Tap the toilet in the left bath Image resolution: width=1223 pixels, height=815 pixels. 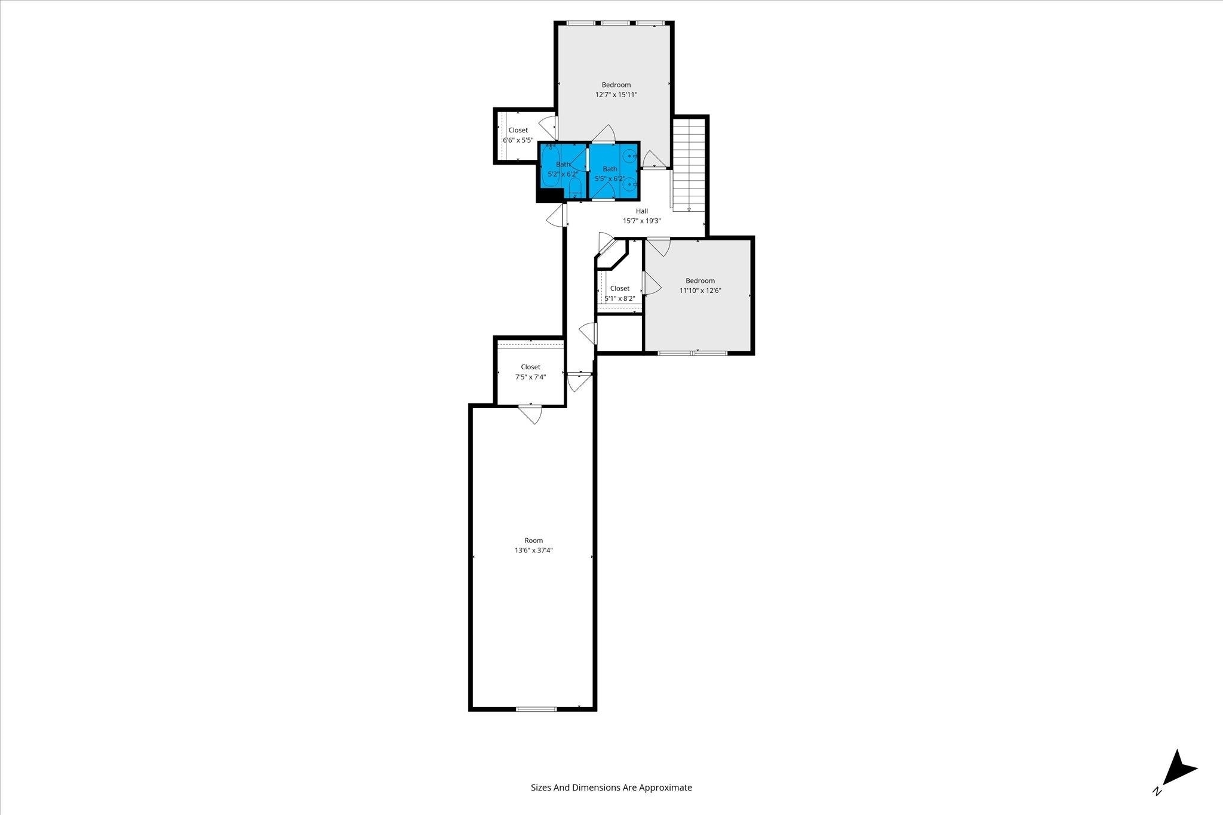tap(575, 188)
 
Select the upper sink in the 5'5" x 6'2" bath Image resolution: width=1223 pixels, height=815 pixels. tap(629, 156)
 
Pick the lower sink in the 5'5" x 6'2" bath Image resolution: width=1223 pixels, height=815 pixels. tap(629, 186)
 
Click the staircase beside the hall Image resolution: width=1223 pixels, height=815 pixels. tap(689, 165)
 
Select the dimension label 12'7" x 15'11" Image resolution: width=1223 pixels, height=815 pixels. tap(616, 94)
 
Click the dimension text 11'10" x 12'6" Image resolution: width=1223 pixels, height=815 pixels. tap(700, 291)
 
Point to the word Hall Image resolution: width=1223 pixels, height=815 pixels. tap(642, 211)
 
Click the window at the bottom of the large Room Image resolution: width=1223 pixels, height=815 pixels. tap(536, 709)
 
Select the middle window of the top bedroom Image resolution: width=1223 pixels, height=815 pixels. tap(615, 23)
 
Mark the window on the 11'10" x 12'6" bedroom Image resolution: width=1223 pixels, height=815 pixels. tap(693, 353)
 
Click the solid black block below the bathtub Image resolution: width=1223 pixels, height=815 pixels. tap(550, 195)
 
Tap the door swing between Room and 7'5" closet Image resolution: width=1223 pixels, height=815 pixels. tap(530, 415)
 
